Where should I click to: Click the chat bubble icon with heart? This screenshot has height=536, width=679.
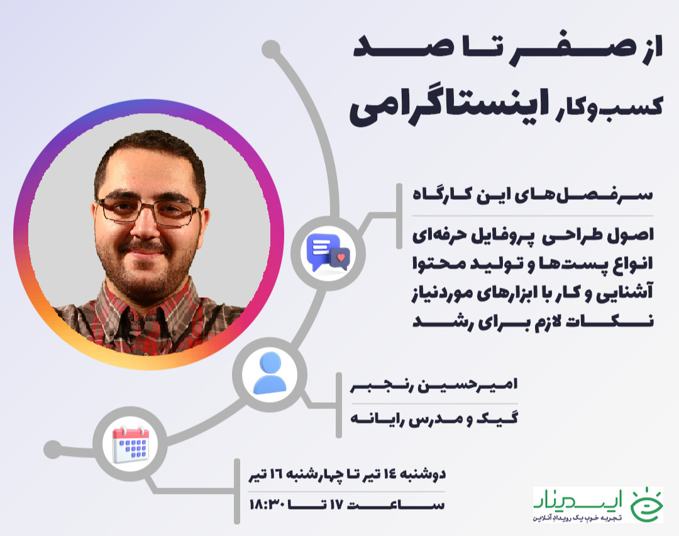328,251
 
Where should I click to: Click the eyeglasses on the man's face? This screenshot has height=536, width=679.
150,210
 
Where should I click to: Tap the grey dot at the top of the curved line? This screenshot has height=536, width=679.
270,48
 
